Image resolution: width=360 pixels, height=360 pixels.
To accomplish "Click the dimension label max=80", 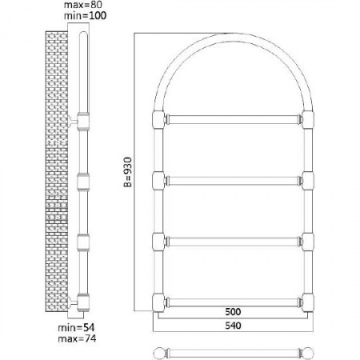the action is pos(83,5).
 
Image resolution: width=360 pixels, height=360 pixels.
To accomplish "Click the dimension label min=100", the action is pos(85,15).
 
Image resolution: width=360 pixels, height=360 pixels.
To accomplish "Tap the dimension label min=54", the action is pos(76,327).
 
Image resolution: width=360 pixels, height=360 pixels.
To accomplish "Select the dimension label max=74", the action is pos(77,338).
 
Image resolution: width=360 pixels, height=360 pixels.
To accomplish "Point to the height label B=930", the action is pos(128,172).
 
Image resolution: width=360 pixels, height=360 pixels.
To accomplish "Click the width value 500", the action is pos(233,311).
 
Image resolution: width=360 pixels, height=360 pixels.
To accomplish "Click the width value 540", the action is pos(233,326).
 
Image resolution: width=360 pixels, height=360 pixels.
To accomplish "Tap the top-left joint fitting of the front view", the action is pos(158,119).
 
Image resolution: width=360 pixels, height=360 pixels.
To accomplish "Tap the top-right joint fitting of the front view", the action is pos(308,119).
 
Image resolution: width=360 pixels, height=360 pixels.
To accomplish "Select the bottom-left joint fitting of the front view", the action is pos(158,302).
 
